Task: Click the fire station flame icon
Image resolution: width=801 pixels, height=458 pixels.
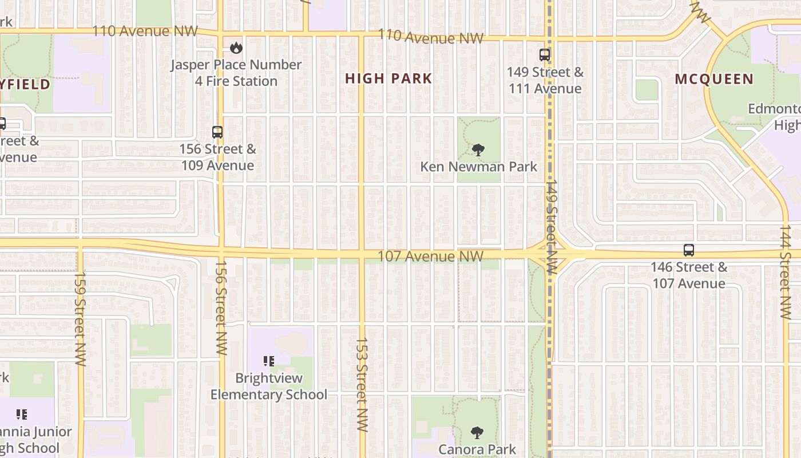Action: pos(236,48)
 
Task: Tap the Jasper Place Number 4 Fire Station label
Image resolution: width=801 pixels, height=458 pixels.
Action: pos(236,73)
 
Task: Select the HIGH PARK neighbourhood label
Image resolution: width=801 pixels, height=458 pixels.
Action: pos(388,78)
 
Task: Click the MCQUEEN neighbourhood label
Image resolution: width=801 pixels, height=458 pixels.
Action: pos(714,79)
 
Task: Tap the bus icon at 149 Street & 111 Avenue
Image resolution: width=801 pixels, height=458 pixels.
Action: pos(545,55)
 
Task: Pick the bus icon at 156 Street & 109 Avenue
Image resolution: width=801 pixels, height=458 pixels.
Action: pos(217,132)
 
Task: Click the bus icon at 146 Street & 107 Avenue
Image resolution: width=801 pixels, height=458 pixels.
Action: pos(689,250)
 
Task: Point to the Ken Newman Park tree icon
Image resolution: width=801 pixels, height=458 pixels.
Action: pos(478,150)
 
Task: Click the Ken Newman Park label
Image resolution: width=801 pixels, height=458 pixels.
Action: pos(479,167)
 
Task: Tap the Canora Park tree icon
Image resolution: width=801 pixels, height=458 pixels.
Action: pos(477,432)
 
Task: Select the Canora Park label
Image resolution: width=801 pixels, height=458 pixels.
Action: pos(477,449)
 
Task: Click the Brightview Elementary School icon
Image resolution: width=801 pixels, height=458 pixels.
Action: pos(269,361)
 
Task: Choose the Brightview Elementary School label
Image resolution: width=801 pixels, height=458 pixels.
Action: pos(269,386)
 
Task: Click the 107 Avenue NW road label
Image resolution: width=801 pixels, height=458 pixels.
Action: pos(430,256)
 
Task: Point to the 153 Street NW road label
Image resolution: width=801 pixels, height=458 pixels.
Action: pos(361,384)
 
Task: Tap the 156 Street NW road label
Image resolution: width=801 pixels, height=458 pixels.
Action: pos(221,308)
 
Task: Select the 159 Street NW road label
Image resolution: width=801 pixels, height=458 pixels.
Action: pos(80,318)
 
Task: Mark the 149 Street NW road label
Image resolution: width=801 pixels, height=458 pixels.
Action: pos(551,227)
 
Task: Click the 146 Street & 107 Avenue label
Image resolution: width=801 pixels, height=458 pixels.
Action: pos(689,275)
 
